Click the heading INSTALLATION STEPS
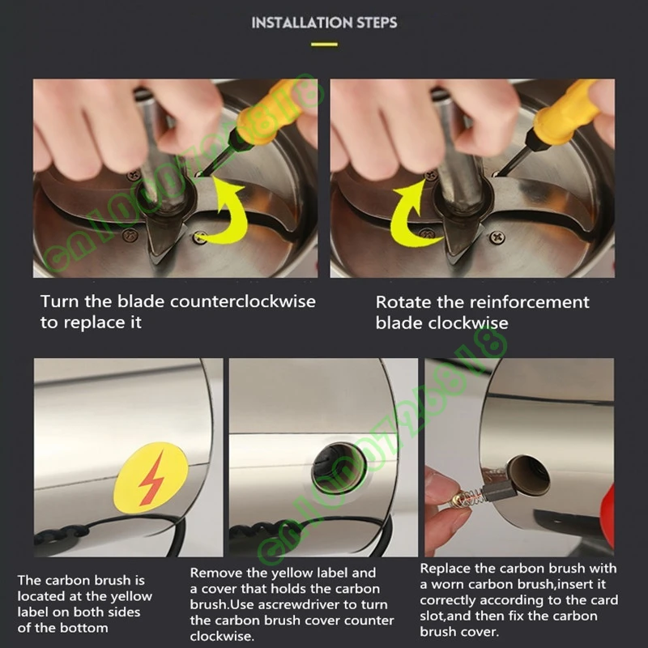pos(324,23)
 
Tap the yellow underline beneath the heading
pos(325,45)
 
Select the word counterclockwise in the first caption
pos(243,301)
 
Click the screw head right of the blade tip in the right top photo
pos(497,237)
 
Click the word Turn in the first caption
pos(60,301)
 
